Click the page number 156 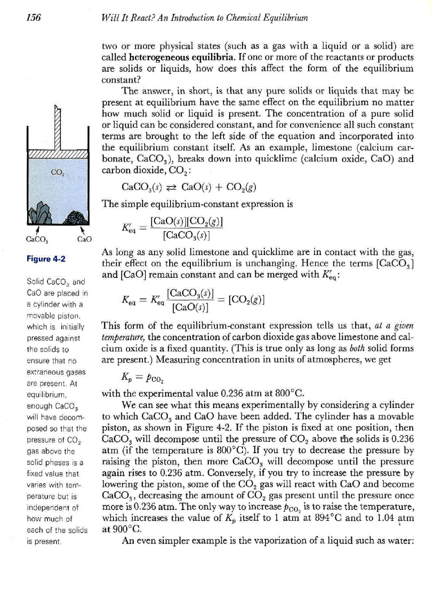click(x=34, y=18)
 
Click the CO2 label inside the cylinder click(x=58, y=171)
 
